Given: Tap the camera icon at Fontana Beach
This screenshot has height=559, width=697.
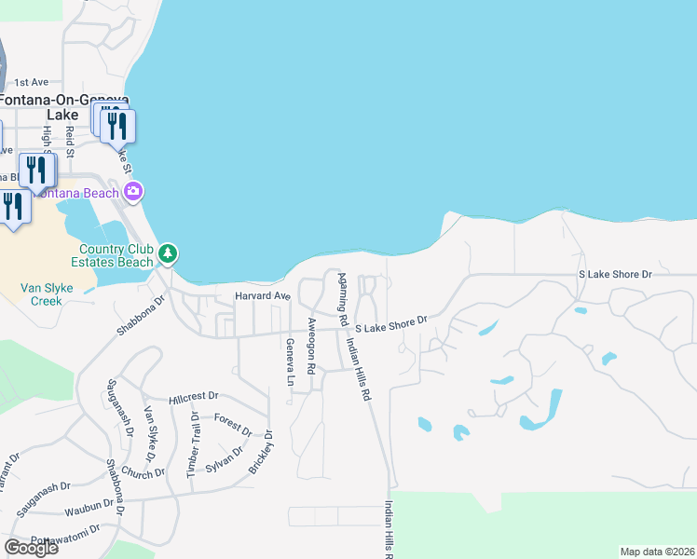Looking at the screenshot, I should pos(134,192).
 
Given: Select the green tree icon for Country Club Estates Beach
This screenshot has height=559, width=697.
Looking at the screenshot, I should pos(168,252).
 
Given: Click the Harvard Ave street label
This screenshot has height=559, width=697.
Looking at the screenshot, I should pos(262,296).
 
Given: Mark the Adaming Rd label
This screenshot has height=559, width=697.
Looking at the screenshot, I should pos(343,299).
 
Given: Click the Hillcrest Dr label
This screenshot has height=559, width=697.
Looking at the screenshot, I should pos(193,397).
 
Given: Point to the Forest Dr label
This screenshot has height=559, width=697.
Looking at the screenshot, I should pos(233,424).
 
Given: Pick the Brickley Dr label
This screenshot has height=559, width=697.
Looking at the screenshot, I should pos(262,452).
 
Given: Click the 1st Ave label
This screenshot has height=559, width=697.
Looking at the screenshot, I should pos(31,82).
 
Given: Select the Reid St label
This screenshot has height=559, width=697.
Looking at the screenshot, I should pos(69,140).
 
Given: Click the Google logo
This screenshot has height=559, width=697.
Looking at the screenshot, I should pos(31,547).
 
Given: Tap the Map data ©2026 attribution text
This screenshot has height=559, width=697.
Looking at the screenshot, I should pos(657,552).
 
